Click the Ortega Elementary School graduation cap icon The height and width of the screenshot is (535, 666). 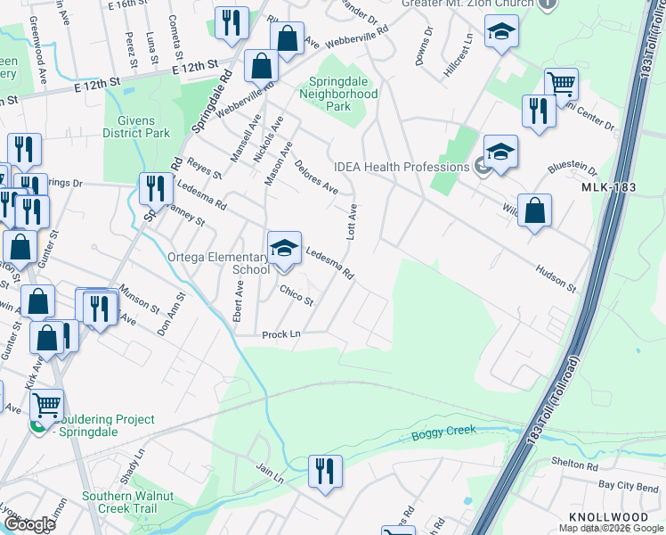tap(285, 247)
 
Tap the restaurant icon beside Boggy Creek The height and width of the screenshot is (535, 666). tap(325, 470)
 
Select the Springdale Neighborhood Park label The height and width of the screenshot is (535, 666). tap(337, 93)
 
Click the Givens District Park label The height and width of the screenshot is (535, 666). tap(136, 127)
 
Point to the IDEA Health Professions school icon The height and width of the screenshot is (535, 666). tap(500, 151)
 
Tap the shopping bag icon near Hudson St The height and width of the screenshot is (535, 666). tap(534, 211)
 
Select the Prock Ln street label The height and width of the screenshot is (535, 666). tap(281, 335)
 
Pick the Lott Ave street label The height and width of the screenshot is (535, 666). tap(352, 221)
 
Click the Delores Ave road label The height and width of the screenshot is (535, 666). tap(316, 177)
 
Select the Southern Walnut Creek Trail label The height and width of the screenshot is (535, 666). tap(131, 502)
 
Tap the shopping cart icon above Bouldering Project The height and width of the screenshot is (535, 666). tap(46, 404)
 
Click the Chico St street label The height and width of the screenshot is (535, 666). tap(296, 295)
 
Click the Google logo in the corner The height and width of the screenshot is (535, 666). tap(28, 524)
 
